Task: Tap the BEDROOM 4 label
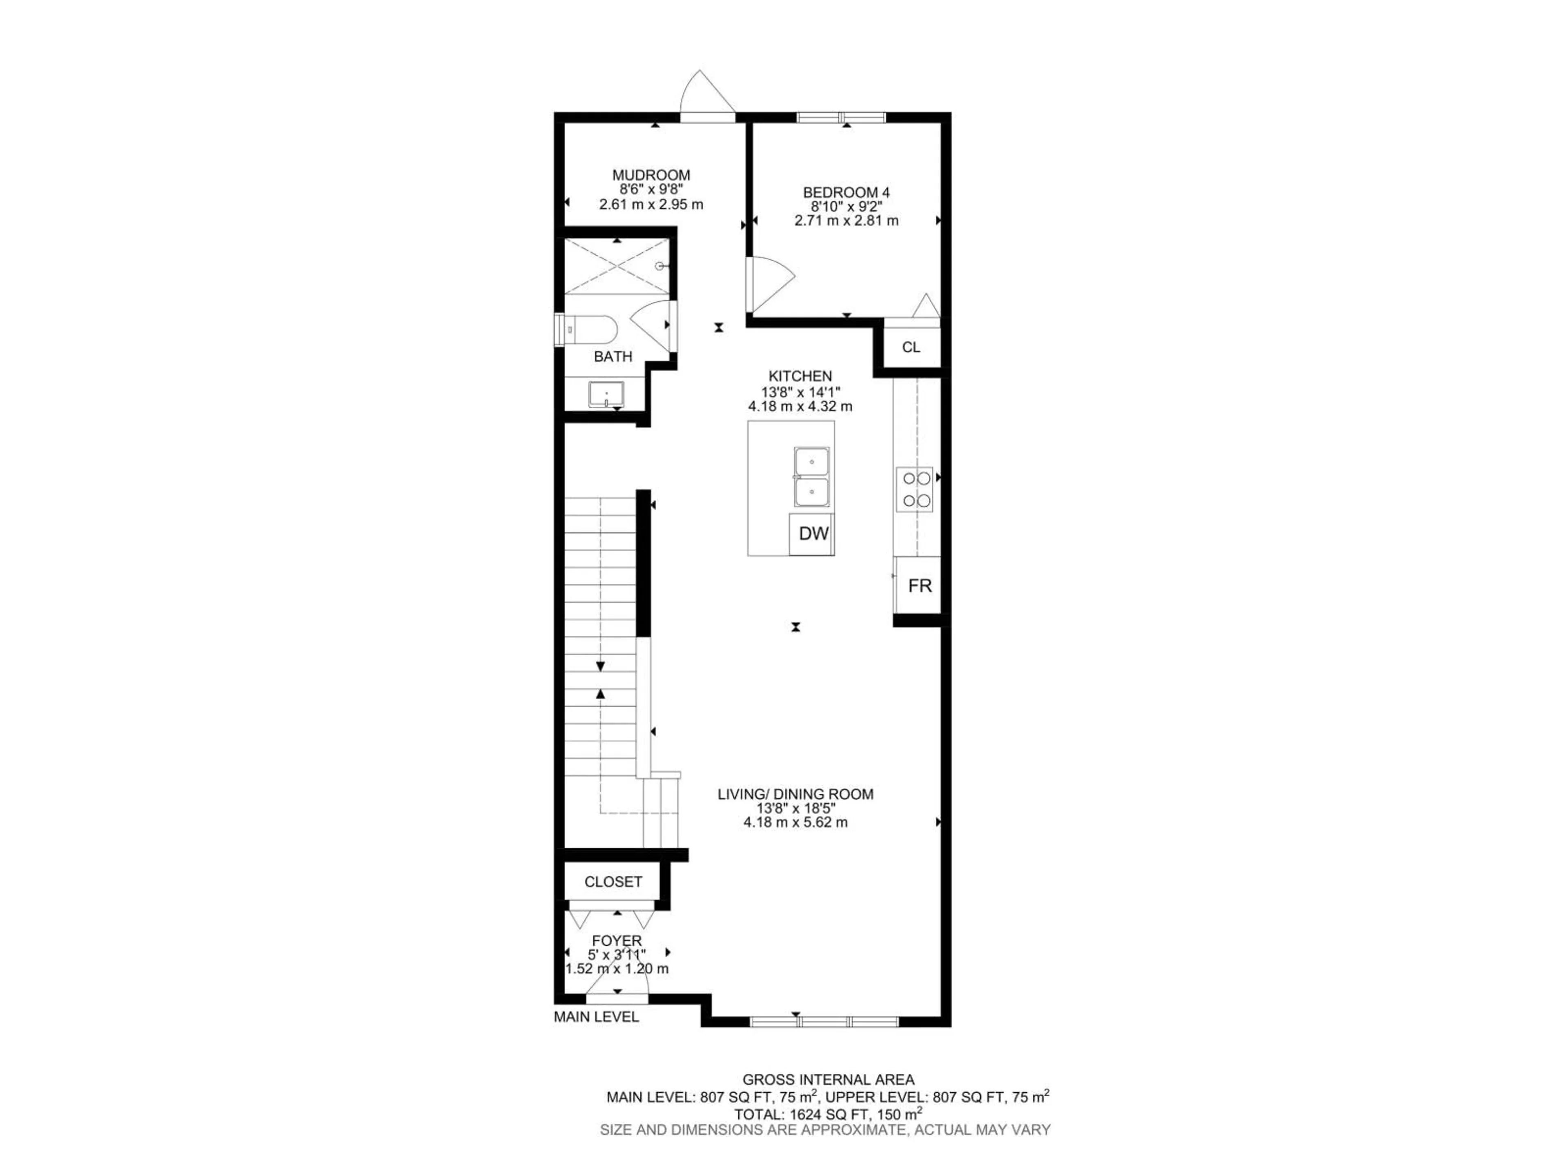point(846,192)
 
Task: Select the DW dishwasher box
point(812,534)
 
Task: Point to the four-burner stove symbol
point(914,489)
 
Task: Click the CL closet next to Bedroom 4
point(911,347)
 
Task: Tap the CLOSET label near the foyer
point(613,881)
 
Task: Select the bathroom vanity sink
point(606,394)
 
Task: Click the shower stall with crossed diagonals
point(617,267)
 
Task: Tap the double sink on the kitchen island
point(811,477)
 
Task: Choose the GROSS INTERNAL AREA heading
point(828,1080)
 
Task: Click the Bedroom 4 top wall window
point(842,118)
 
